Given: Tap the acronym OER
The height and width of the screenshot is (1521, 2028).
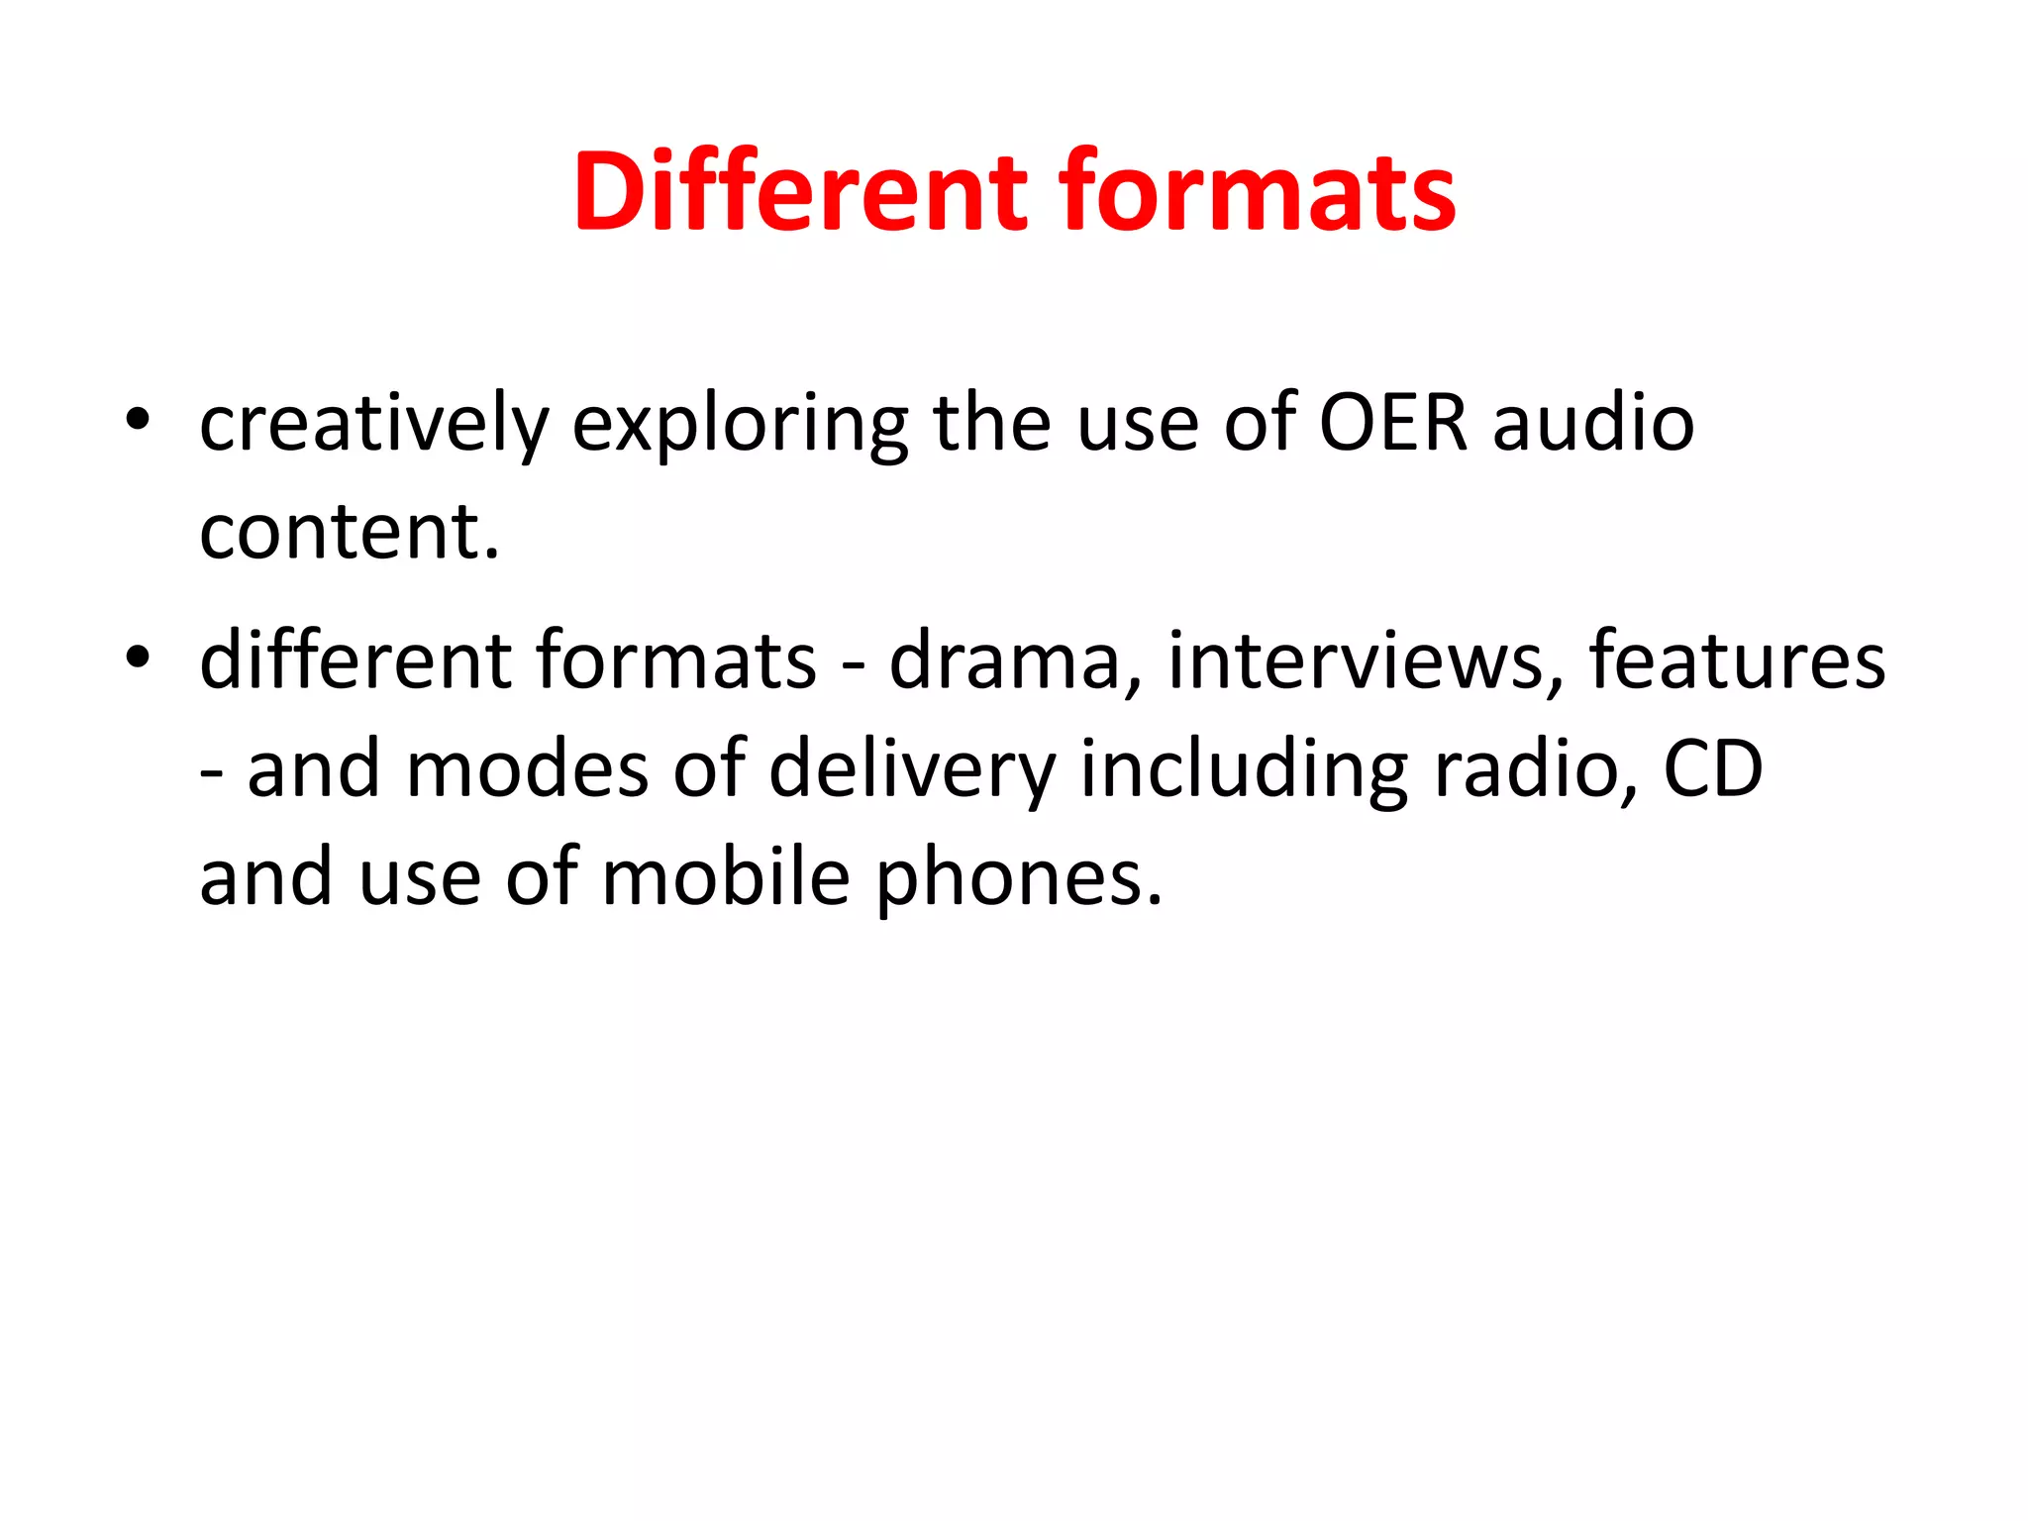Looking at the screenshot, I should (x=1393, y=423).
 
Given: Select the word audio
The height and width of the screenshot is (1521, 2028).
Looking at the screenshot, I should (x=1593, y=423).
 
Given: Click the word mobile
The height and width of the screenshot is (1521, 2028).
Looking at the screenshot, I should (x=725, y=878).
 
